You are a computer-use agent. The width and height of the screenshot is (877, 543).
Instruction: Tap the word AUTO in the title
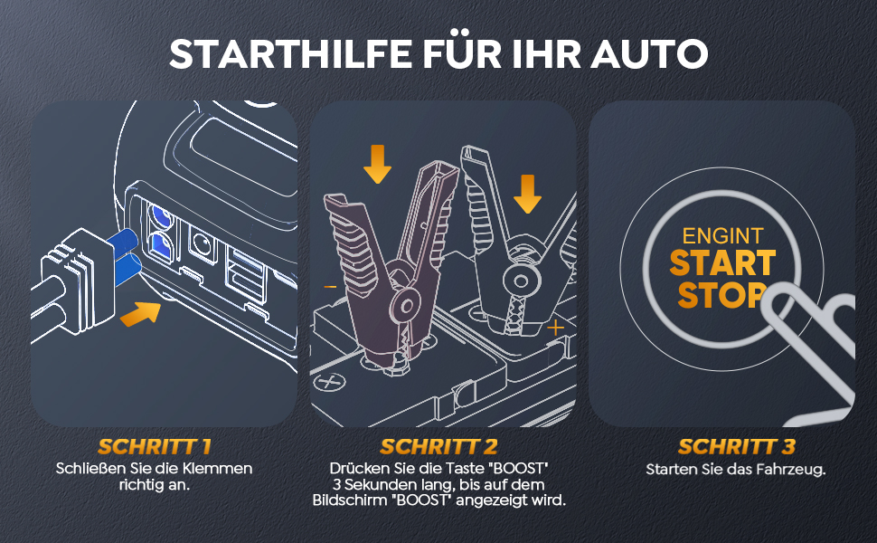(649, 53)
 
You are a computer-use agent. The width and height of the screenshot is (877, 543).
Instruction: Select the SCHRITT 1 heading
(155, 447)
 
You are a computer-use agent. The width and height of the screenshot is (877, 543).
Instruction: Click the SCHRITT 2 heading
(438, 447)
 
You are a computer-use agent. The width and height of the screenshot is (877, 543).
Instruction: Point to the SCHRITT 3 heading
(737, 447)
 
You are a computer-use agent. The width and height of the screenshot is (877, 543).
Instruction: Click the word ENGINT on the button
(722, 236)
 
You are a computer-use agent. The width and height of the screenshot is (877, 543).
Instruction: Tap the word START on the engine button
(722, 263)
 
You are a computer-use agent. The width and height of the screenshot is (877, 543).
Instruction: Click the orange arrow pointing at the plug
(140, 313)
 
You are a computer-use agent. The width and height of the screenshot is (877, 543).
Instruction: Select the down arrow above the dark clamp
(378, 164)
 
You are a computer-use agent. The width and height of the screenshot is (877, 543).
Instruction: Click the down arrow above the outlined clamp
(527, 194)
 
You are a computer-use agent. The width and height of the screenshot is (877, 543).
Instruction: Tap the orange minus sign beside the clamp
(330, 287)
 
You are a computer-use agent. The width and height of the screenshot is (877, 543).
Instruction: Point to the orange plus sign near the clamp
(555, 328)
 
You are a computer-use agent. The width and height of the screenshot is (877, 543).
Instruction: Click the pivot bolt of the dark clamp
(407, 306)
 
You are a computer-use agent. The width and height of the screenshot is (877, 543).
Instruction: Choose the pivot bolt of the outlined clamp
(522, 281)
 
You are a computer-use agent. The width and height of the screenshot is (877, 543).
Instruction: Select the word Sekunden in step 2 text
(386, 484)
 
